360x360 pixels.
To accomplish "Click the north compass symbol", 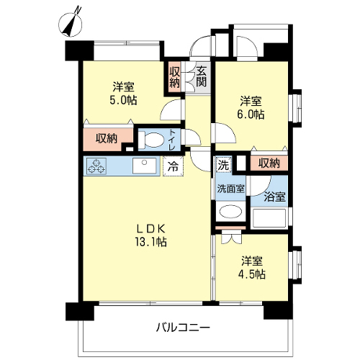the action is point(71,24).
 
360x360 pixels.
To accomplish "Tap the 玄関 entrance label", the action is point(201,76).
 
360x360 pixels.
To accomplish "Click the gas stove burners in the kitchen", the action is point(96,166).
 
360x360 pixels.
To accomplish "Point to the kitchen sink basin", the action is point(144,166).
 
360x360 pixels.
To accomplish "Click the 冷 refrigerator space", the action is point(173,166).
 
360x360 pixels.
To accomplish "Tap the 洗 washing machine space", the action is point(224,165).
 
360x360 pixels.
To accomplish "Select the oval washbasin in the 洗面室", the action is point(230,212).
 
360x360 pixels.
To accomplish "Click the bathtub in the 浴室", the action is point(269,218).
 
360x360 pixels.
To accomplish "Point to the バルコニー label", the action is point(183,328).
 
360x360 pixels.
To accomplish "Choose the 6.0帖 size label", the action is point(251,114).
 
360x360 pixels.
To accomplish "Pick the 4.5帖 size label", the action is point(252,274).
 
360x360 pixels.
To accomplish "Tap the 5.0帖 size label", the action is point(123,100).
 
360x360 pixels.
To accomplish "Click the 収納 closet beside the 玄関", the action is point(175,77).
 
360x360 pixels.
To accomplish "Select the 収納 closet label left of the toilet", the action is point(107,138).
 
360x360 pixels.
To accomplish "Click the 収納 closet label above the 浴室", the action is point(269,163).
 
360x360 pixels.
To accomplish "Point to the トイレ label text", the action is point(172,140).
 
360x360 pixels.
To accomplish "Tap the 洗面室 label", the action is point(230,189).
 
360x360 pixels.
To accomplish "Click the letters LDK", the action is point(150,229).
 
